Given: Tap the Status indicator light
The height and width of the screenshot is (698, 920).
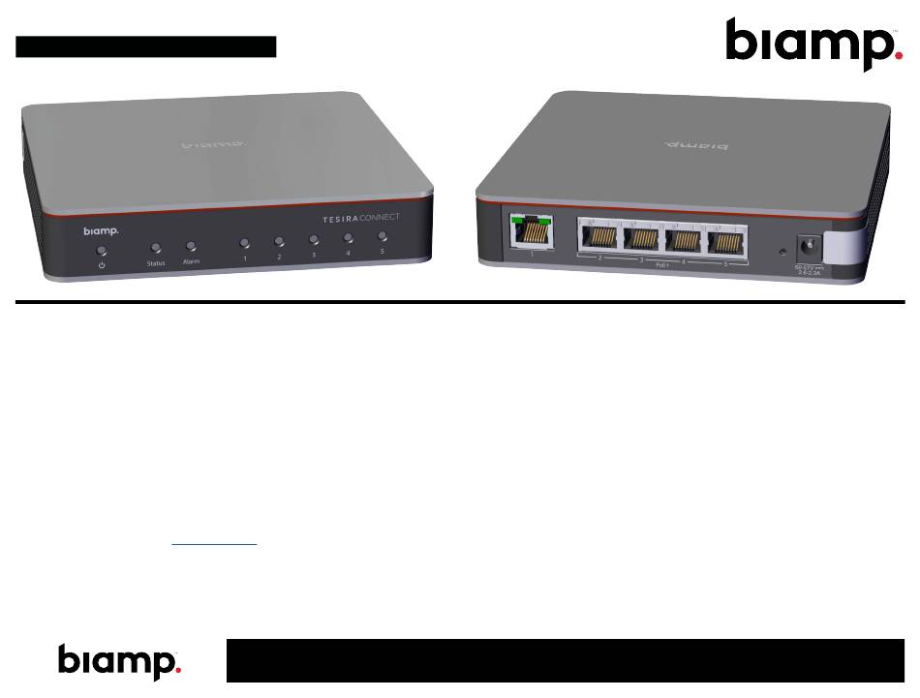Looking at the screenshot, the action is click(x=156, y=249).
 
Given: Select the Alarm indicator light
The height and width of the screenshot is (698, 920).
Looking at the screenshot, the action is click(x=192, y=247).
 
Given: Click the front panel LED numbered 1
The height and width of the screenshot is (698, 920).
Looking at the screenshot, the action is click(x=245, y=244).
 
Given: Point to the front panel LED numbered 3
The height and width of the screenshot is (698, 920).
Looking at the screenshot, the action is click(x=314, y=239).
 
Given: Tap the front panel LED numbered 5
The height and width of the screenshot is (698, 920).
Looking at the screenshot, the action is click(x=383, y=235).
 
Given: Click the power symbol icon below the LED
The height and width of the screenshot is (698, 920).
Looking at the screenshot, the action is click(x=101, y=265).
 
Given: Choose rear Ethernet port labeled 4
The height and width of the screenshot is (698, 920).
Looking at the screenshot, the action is click(x=686, y=241).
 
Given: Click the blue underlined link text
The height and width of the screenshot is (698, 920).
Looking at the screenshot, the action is click(x=214, y=545).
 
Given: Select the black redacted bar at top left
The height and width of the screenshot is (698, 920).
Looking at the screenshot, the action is click(x=146, y=46).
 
